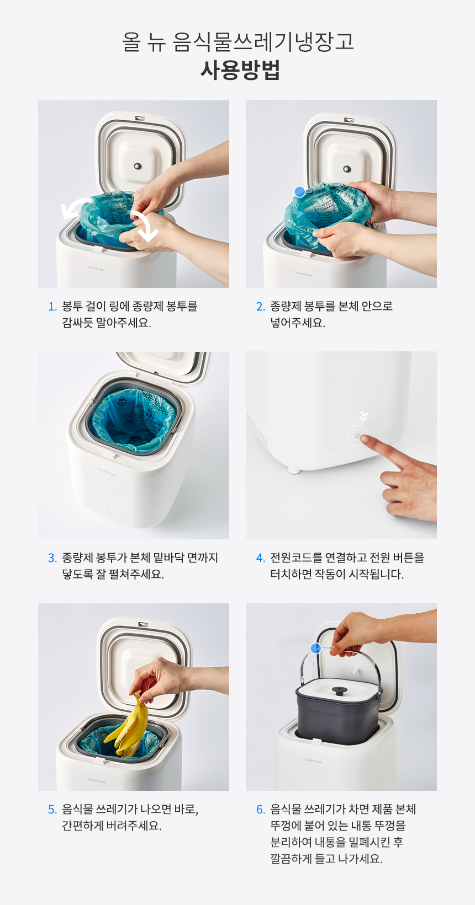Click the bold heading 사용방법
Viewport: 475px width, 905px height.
click(240, 70)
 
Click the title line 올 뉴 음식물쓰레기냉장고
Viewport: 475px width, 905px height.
click(238, 41)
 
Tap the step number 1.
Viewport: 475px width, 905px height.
click(52, 307)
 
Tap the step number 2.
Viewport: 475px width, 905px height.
click(261, 307)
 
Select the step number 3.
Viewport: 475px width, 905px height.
click(52, 558)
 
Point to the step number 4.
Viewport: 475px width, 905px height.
click(261, 558)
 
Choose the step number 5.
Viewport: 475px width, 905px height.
click(52, 809)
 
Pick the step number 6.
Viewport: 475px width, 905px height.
click(261, 809)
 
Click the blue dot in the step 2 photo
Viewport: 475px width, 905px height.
click(299, 191)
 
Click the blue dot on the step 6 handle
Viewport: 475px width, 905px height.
click(315, 649)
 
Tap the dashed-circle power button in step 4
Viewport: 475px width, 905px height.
click(357, 436)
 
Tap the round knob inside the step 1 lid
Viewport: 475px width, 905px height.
click(138, 166)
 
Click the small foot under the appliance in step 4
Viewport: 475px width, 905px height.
click(294, 471)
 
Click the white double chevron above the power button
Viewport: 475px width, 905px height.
click(363, 416)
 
